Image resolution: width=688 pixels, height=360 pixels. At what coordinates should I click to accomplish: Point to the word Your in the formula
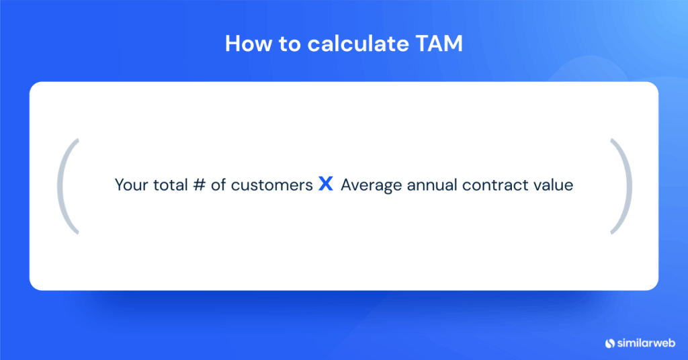click(x=132, y=185)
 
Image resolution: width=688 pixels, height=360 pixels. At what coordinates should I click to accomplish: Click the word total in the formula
click(x=171, y=185)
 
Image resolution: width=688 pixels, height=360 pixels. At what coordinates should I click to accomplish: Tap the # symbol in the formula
click(x=198, y=185)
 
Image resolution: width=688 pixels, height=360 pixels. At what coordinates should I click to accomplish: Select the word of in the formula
click(x=218, y=185)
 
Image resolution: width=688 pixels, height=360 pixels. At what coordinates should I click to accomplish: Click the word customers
click(x=271, y=185)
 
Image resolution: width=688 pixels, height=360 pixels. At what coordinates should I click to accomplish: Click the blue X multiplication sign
click(x=326, y=185)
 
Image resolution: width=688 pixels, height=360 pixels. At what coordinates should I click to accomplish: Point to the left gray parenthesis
click(x=68, y=186)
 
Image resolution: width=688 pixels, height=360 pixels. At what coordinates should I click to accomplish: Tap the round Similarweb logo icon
click(x=610, y=343)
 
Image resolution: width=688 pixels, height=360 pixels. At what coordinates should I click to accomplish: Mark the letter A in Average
click(x=346, y=185)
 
